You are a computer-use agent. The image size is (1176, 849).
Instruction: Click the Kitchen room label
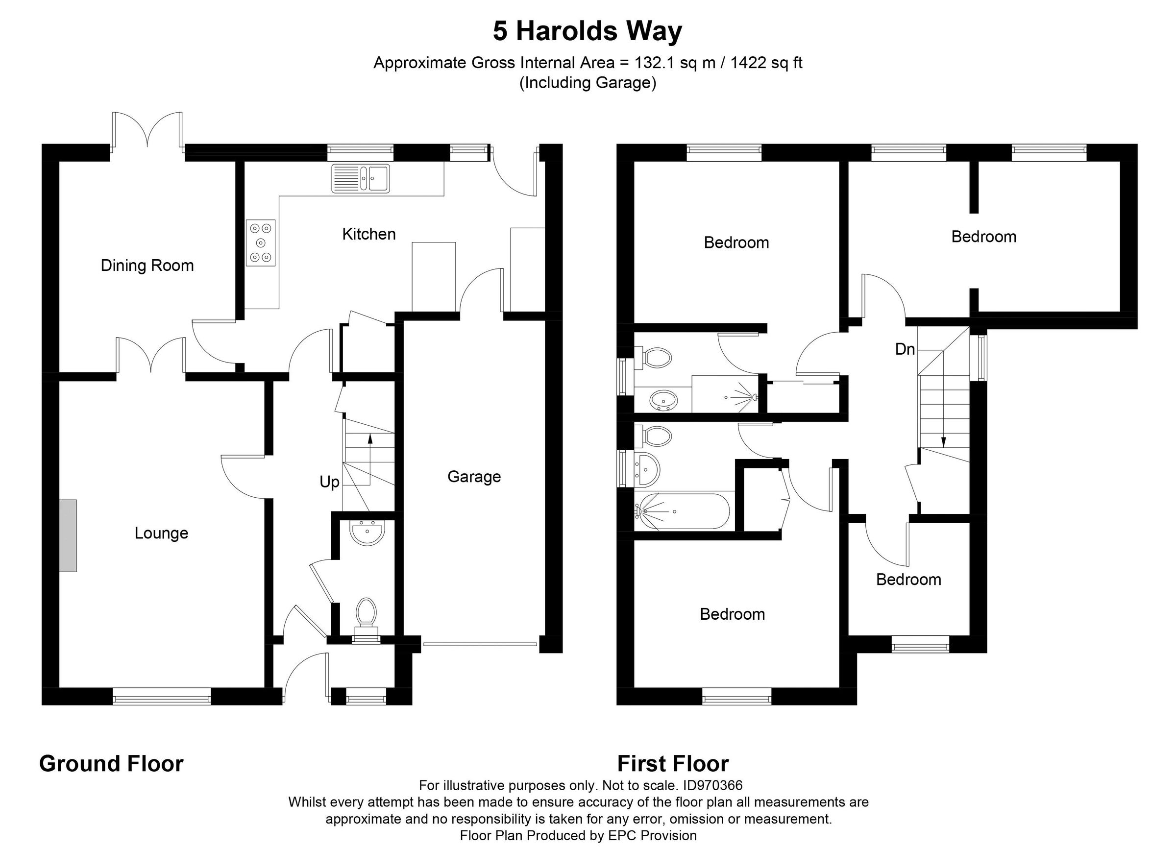tap(368, 234)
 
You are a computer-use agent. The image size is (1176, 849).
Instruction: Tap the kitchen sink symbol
tap(360, 179)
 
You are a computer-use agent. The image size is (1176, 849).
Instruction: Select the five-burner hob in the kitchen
tap(261, 243)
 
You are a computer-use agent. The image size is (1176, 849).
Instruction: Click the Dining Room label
tap(147, 266)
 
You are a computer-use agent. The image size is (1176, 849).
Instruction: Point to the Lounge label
tap(161, 533)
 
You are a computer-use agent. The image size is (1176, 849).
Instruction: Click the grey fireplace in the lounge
tap(68, 535)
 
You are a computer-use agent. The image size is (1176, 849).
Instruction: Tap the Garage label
tap(474, 476)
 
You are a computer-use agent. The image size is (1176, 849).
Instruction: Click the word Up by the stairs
tap(329, 482)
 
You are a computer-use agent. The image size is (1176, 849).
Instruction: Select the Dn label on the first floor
tap(905, 349)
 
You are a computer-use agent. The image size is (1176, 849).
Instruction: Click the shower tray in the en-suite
tap(725, 398)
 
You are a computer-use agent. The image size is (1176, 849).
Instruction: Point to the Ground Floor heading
tap(112, 764)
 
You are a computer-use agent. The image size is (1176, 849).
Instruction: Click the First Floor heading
tap(672, 764)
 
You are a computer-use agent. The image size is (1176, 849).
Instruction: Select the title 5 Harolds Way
tap(588, 31)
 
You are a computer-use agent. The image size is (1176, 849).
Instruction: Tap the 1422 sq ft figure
tap(768, 63)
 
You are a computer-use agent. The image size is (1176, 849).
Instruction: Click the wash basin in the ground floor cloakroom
tap(367, 534)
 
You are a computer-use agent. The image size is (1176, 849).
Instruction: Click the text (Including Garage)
tap(588, 83)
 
